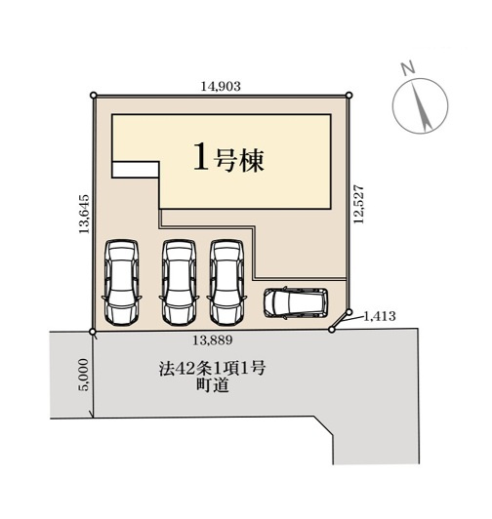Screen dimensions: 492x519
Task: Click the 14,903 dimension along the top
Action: pyautogui.click(x=221, y=87)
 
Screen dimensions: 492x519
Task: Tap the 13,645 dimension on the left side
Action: pyautogui.click(x=84, y=214)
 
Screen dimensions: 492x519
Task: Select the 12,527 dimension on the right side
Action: pyautogui.click(x=358, y=204)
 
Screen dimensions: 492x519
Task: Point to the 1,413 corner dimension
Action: pyautogui.click(x=380, y=316)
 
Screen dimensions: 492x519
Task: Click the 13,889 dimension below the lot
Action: pyautogui.click(x=212, y=339)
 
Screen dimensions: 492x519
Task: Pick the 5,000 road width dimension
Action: pyautogui.click(x=84, y=375)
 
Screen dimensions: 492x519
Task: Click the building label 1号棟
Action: pyautogui.click(x=228, y=161)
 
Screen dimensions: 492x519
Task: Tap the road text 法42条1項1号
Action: pyautogui.click(x=212, y=369)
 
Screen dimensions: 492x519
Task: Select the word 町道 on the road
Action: pyautogui.click(x=212, y=385)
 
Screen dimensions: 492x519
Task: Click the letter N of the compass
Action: pyautogui.click(x=408, y=67)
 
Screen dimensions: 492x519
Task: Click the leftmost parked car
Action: pyautogui.click(x=121, y=282)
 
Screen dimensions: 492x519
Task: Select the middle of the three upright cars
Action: pyautogui.click(x=179, y=282)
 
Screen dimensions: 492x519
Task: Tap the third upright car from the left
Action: pyautogui.click(x=226, y=282)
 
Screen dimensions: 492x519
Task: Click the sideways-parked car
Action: pyautogui.click(x=296, y=302)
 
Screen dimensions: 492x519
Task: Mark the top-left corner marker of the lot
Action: pyautogui.click(x=94, y=96)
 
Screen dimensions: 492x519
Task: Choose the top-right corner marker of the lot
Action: pyautogui.click(x=348, y=96)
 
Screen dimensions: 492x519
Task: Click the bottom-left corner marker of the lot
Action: pyautogui.click(x=93, y=332)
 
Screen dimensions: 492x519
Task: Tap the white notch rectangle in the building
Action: pyautogui.click(x=136, y=170)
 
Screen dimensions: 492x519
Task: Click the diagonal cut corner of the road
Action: pyautogui.click(x=324, y=426)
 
